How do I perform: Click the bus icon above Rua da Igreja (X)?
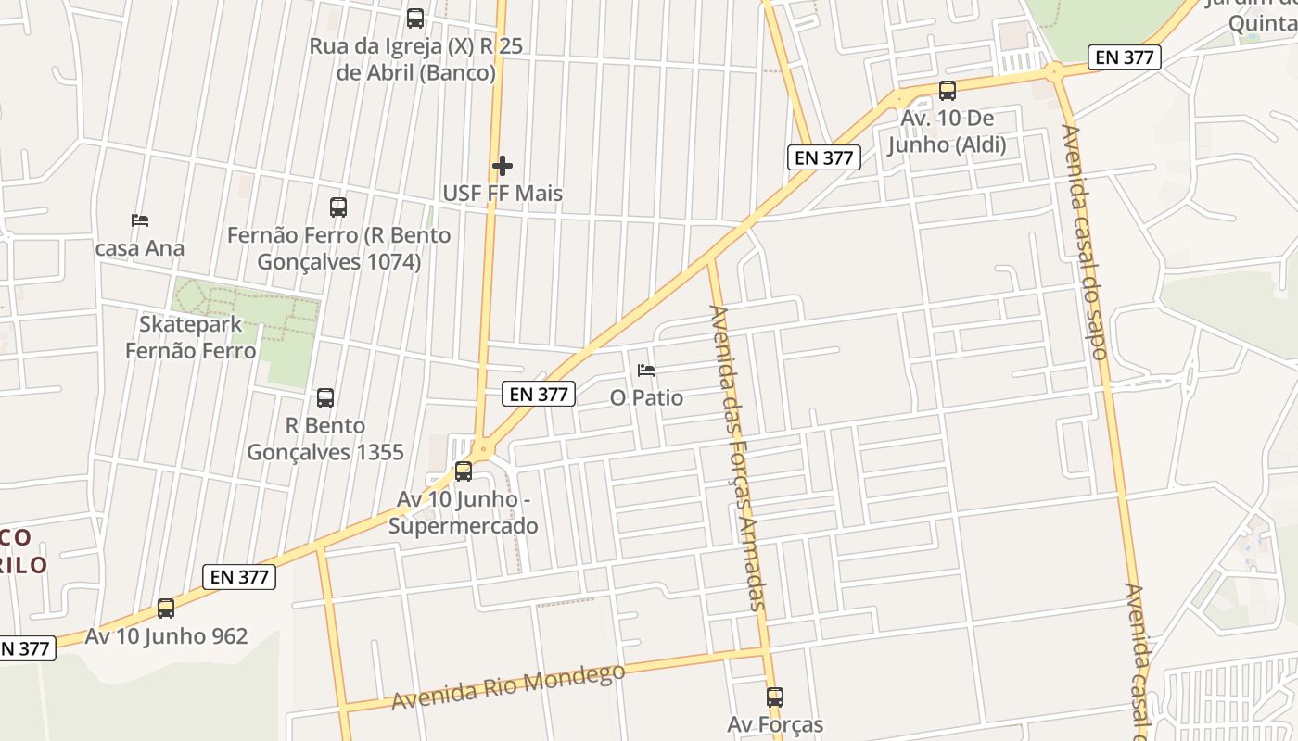[415, 19]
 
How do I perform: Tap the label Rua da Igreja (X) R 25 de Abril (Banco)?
[415, 59]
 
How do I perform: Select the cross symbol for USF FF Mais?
[503, 166]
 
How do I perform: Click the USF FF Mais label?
[503, 194]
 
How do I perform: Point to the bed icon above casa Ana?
[140, 220]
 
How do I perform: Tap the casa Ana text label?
[140, 248]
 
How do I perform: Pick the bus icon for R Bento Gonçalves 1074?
[338, 207]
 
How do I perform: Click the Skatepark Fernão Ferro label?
[190, 337]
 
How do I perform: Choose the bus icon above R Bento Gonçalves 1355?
[325, 398]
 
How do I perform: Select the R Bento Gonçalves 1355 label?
[324, 439]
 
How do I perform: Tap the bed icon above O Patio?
[646, 370]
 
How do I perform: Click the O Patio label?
[646, 398]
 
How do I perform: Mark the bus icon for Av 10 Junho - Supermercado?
[464, 471]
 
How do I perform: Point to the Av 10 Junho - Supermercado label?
[463, 512]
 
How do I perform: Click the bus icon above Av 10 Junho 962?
[166, 609]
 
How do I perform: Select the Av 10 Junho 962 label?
[166, 636]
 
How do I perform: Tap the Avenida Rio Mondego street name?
[508, 686]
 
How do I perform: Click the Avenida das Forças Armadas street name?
[738, 458]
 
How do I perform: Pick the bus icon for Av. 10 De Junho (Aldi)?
[948, 91]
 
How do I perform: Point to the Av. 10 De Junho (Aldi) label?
[947, 132]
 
